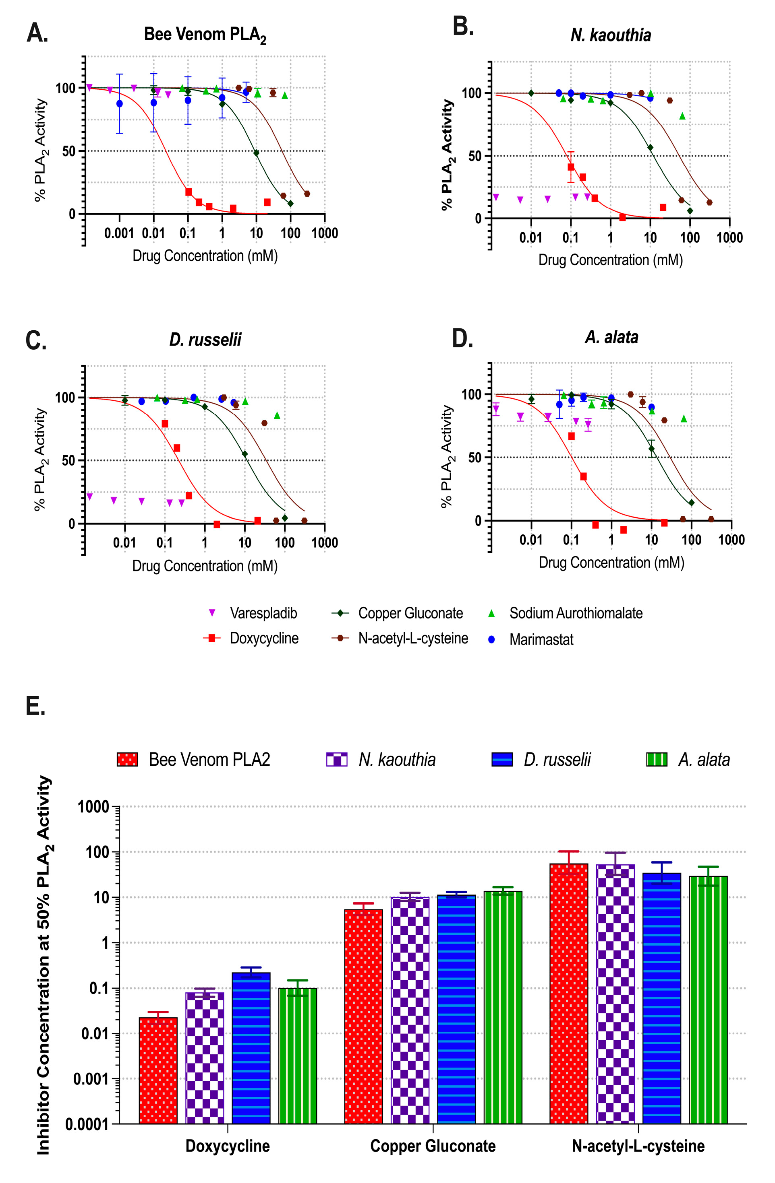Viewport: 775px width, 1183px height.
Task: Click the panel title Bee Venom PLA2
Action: tap(205, 35)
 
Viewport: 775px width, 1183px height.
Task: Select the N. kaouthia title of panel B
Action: tap(610, 35)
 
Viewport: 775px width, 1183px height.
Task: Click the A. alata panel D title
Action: tap(611, 337)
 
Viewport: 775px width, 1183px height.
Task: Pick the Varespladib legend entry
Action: tap(263, 613)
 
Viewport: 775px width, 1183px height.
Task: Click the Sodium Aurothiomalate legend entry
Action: tap(576, 613)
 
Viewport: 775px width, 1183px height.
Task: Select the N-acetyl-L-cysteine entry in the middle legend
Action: tap(413, 638)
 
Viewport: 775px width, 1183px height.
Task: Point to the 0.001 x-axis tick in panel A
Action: tap(119, 233)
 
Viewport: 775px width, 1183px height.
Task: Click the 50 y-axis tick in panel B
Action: tap(475, 156)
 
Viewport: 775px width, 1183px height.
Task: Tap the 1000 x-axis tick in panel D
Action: tap(731, 540)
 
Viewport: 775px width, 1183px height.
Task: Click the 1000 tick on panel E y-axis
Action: tap(93, 807)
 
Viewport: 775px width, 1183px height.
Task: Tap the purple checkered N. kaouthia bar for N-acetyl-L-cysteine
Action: tap(615, 994)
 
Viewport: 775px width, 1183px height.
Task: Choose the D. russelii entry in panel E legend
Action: tap(557, 760)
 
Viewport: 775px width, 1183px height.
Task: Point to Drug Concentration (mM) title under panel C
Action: tap(205, 566)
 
